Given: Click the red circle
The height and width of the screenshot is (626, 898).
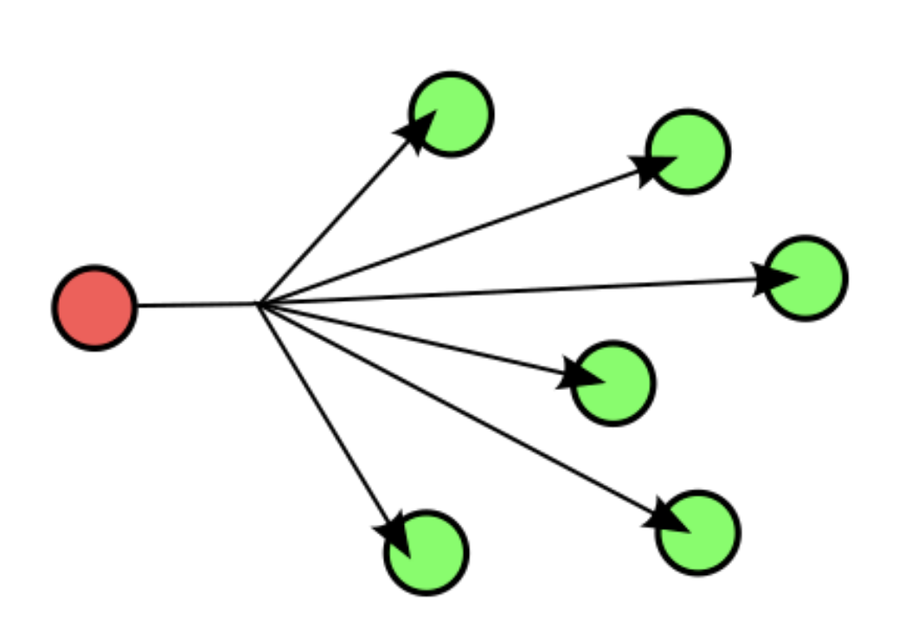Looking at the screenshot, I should click(x=95, y=308).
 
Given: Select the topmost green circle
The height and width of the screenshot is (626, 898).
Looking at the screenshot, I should click(x=452, y=114).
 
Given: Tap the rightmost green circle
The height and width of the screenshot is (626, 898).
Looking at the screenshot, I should click(x=805, y=278).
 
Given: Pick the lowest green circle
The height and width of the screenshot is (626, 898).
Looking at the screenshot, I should click(x=427, y=553).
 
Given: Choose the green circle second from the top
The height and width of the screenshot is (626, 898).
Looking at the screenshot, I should click(x=688, y=151).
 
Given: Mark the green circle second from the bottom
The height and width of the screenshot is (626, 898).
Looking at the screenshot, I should click(x=698, y=533).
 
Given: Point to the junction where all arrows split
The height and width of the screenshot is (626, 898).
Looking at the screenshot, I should click(x=260, y=304).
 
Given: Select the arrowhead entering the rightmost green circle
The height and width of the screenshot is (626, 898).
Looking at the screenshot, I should click(x=773, y=278).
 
